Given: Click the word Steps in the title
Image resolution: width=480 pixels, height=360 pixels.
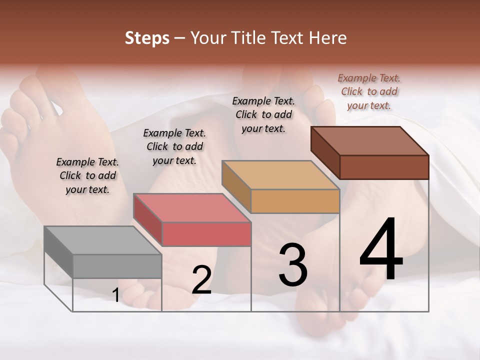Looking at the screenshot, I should pos(147,38).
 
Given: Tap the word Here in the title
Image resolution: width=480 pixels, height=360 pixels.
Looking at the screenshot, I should pos(328,38).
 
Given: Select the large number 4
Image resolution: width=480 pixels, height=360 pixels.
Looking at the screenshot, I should pos(381,250).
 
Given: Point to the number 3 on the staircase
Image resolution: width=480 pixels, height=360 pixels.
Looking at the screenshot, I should pos(292,265).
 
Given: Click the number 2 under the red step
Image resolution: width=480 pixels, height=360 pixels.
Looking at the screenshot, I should pos(201,280).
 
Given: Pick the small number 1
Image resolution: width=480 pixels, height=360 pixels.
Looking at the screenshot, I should pos(115,295).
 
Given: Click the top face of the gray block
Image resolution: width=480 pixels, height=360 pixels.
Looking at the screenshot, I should pos(102,240).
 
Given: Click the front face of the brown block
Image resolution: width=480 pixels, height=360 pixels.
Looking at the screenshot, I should pos(384,167).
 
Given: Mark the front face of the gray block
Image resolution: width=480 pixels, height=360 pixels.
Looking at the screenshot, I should pos(117,266).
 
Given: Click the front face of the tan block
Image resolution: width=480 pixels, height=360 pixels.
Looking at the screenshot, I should pos(295,201).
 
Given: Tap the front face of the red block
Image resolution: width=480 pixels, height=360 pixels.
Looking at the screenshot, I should pos(206,234).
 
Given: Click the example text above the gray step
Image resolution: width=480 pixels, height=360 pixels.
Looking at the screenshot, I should pos(87,175).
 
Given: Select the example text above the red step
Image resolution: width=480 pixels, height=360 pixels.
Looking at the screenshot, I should pos(174,146).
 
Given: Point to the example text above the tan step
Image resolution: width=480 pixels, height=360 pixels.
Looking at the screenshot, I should pos(263,114).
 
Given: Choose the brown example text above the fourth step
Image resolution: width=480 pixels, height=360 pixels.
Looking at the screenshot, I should pos(369,91).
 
